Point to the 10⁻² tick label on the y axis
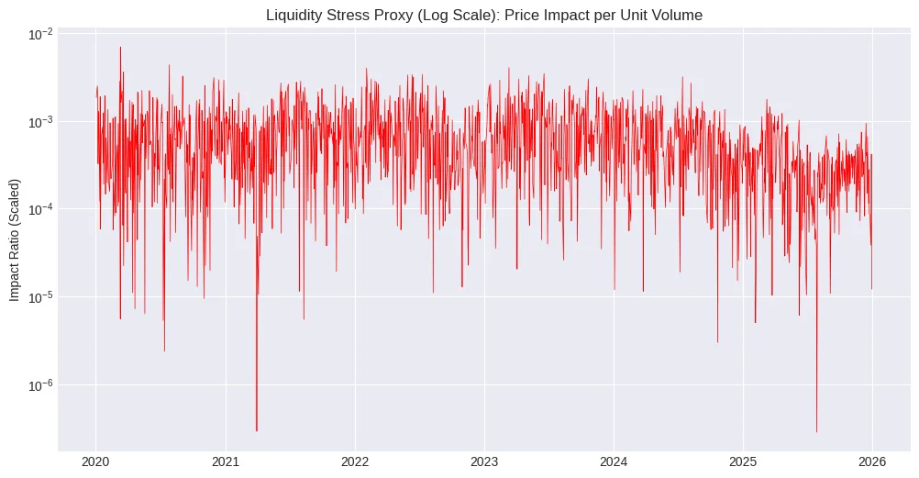coord(41,34)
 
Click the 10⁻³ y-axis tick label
coord(41,122)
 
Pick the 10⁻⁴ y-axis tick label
coord(41,209)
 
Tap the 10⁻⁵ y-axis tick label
coord(41,297)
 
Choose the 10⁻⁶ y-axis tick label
coord(41,385)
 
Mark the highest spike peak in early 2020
coord(120,48)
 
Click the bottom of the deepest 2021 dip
coord(256,429)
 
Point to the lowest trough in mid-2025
coord(816,431)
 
